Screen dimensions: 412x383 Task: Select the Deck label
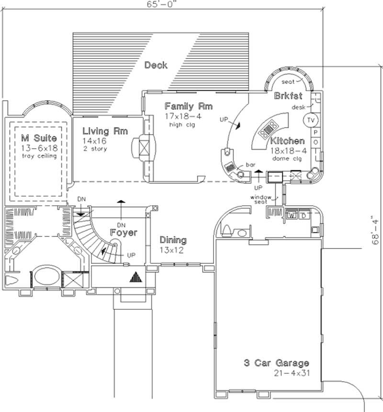click(156, 65)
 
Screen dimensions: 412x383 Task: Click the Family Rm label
click(188, 106)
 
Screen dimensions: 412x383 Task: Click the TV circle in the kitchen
click(312, 119)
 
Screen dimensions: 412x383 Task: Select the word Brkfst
click(288, 96)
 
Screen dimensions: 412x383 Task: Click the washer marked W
click(292, 215)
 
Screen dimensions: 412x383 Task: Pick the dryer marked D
click(304, 215)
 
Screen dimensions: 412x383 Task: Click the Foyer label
click(124, 233)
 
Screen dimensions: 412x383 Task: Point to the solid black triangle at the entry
click(136, 277)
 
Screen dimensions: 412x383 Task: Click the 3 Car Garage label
click(275, 363)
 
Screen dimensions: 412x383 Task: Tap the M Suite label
click(39, 139)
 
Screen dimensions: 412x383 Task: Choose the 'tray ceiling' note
click(39, 156)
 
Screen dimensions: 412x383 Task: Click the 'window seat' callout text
click(261, 200)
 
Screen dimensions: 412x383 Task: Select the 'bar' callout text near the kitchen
click(250, 165)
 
